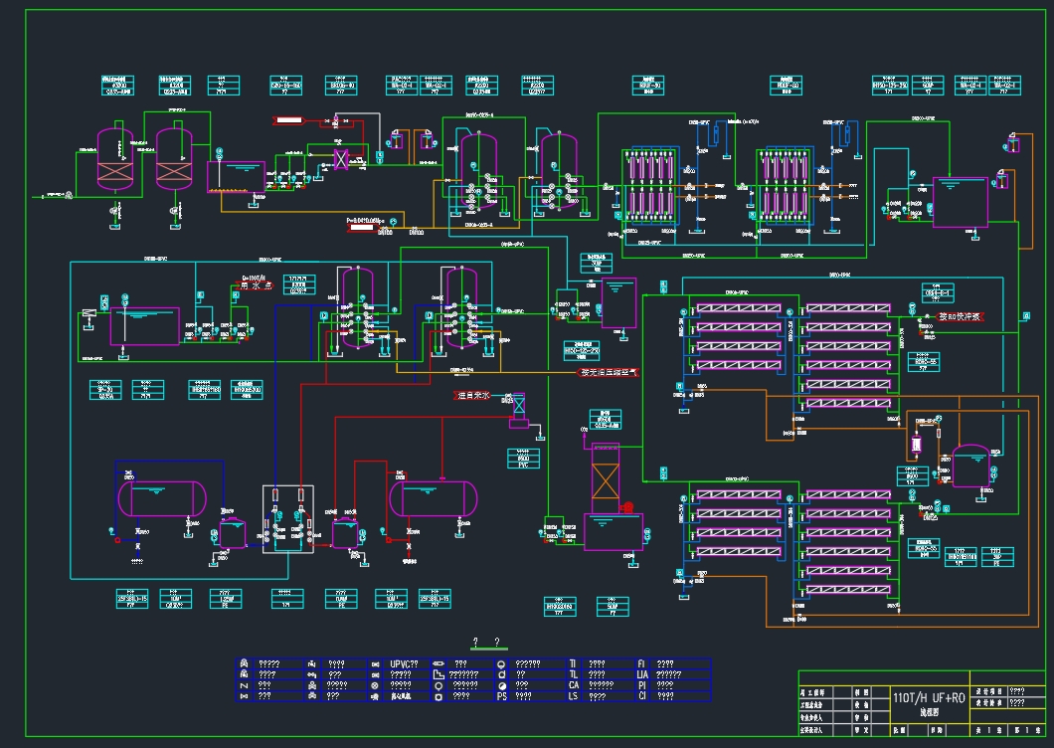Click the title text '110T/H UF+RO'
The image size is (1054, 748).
coord(929,698)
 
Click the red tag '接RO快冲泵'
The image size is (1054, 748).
coord(960,316)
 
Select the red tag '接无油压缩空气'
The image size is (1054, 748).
coord(610,373)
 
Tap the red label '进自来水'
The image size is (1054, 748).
coord(473,396)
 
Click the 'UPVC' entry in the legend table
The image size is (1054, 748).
coord(403,663)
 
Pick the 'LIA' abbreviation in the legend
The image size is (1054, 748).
coord(643,674)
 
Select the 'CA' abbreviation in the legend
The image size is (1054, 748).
coord(574,685)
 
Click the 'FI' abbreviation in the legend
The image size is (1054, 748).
coord(642,663)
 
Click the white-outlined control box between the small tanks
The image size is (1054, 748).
coord(288,516)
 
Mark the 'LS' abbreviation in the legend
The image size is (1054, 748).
coord(574,696)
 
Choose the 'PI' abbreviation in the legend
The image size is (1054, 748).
coord(642,685)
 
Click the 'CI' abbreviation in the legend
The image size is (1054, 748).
coord(642,696)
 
